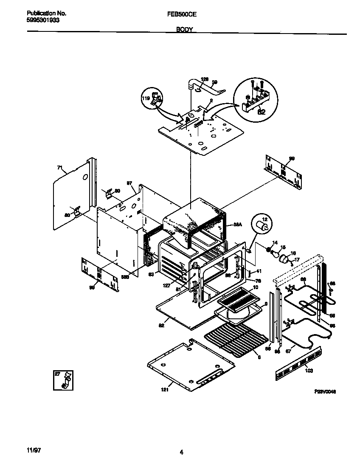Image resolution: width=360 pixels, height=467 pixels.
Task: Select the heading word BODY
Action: coord(184,30)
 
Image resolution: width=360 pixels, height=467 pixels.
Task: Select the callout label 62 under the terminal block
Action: coord(262,113)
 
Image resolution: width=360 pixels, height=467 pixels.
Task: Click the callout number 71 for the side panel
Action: coord(59,168)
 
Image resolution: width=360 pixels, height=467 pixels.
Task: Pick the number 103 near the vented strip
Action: coord(309,371)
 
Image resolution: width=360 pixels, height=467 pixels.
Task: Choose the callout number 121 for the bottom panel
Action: coord(165,389)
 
